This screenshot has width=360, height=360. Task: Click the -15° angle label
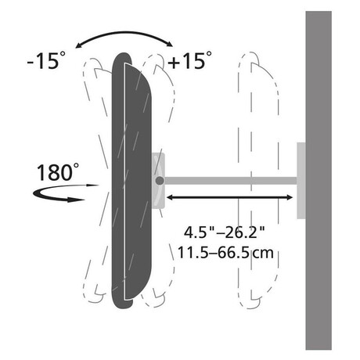pyautogui.click(x=46, y=60)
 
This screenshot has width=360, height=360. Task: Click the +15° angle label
pyautogui.click(x=189, y=60)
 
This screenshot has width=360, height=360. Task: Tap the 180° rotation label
pyautogui.click(x=58, y=172)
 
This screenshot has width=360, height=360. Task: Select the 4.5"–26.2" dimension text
pyautogui.click(x=224, y=232)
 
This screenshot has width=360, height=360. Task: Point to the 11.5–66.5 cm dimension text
pyautogui.click(x=225, y=253)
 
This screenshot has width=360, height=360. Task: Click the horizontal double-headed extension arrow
pyautogui.click(x=229, y=197)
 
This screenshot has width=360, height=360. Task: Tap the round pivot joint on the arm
pyautogui.click(x=160, y=181)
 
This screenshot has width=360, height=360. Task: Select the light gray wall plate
pyautogui.click(x=301, y=181)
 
